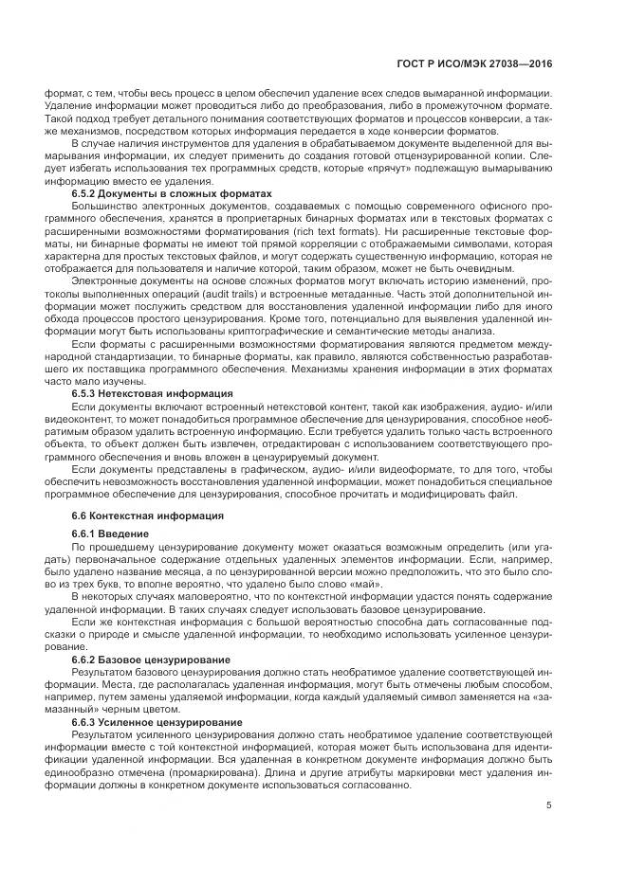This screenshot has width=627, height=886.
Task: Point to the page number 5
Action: pos(549,808)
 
